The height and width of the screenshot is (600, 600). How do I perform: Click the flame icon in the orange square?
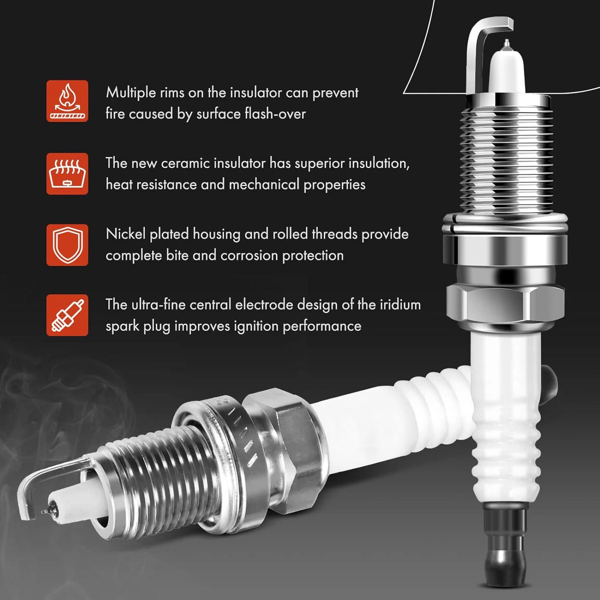point(67,101)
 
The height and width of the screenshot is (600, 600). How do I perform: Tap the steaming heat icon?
point(67,174)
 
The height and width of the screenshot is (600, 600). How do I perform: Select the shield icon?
point(67,245)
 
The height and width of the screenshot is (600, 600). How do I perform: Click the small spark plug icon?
point(67,315)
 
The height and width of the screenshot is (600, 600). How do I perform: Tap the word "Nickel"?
point(126,234)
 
